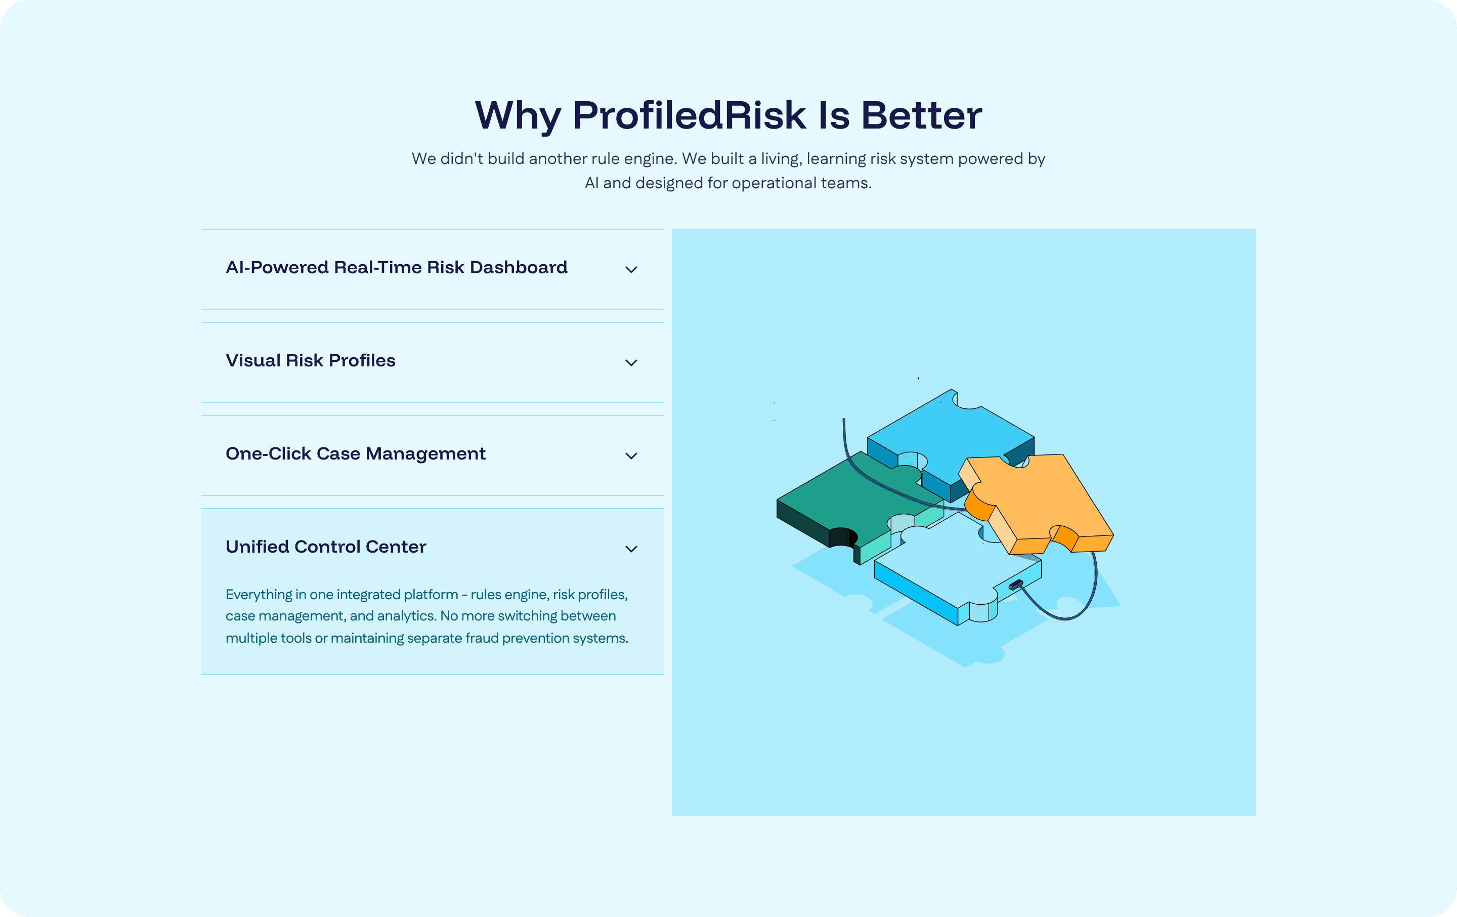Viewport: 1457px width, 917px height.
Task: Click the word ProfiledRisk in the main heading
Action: tap(689, 115)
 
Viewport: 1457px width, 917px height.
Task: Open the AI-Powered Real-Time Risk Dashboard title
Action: tap(396, 268)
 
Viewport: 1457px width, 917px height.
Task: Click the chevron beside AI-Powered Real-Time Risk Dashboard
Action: tap(631, 269)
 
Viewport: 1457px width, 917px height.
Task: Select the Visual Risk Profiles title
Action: tap(311, 361)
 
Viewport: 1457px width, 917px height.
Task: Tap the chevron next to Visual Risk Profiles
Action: tap(631, 362)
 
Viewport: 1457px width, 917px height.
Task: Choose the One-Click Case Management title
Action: tap(355, 454)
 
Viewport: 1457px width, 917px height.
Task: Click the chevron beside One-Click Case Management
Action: tap(631, 456)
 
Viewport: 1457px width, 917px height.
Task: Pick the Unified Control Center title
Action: tap(325, 547)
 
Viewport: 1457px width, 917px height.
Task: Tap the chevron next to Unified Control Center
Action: tap(631, 549)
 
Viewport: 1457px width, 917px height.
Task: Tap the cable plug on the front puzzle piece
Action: tap(1016, 585)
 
